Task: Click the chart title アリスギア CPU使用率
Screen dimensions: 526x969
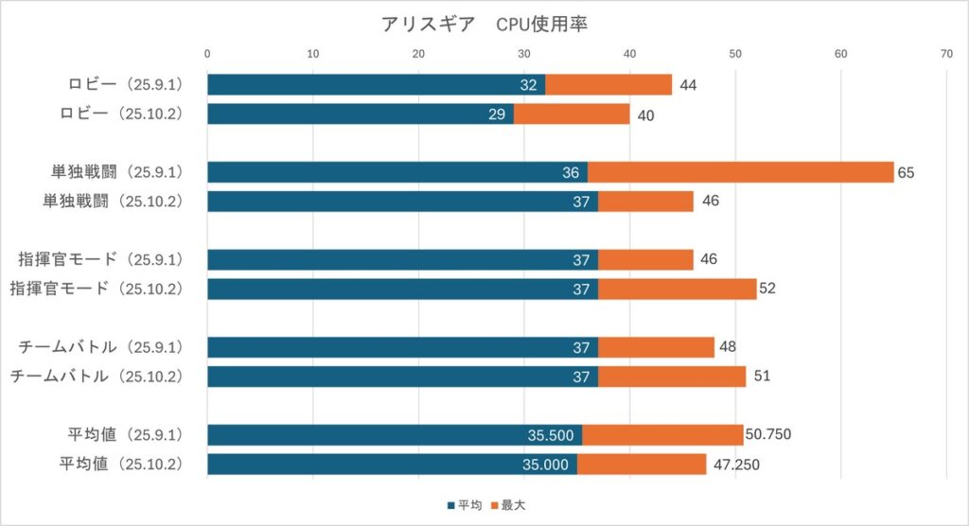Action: pos(484,25)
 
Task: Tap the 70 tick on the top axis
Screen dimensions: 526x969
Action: pos(945,54)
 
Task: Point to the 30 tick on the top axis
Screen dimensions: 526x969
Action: pos(523,54)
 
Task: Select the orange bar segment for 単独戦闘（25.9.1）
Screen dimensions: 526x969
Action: pos(740,172)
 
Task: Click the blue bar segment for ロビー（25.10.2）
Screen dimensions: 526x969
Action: pos(360,114)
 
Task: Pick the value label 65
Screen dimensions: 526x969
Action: pos(907,172)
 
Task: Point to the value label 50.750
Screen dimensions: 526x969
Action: pos(767,435)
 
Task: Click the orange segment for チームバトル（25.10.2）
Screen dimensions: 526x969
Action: pos(672,377)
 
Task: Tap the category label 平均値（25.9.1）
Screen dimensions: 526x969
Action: pos(119,435)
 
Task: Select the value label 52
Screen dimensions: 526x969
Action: pos(767,289)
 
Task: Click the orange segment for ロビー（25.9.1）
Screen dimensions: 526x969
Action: pos(608,85)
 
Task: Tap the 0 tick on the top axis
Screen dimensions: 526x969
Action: pos(207,54)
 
